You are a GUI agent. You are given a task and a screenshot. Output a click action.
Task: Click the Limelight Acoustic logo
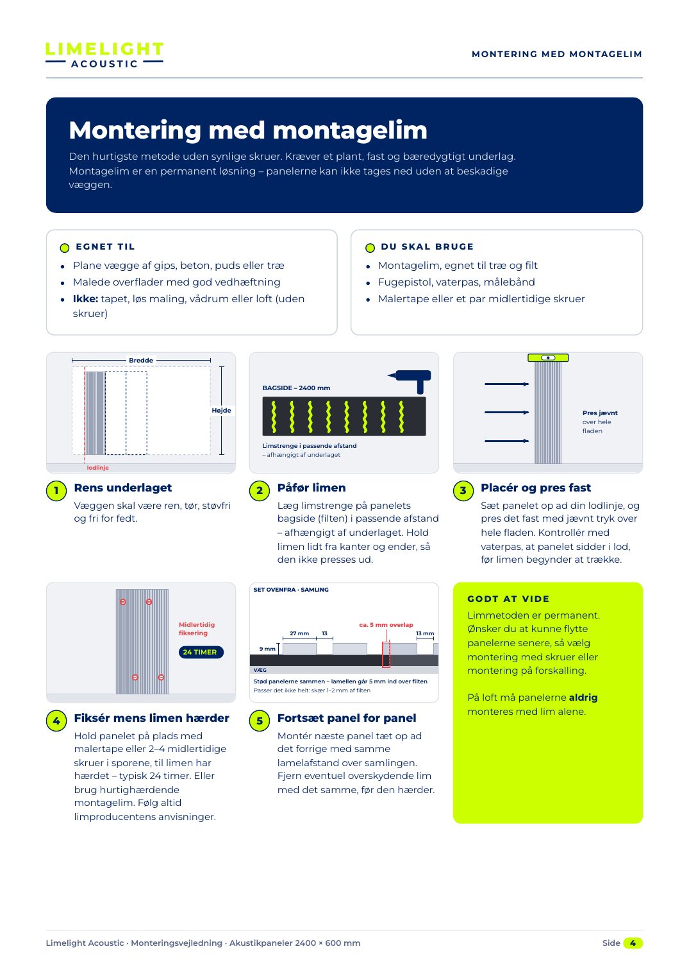[x=104, y=55]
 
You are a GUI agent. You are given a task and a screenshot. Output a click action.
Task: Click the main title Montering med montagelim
[x=248, y=130]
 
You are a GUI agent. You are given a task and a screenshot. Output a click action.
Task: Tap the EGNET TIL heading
[x=105, y=246]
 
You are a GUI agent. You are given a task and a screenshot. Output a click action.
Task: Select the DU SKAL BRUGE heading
[x=427, y=246]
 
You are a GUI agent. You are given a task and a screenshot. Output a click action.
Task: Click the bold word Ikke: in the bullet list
[x=85, y=299]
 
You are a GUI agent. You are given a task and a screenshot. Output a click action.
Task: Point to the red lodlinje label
[x=97, y=468]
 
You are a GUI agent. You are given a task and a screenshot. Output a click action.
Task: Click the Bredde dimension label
[x=140, y=361]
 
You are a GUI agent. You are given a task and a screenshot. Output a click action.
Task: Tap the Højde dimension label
[x=221, y=411]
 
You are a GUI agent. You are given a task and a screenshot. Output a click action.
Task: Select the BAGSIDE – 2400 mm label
[x=296, y=388]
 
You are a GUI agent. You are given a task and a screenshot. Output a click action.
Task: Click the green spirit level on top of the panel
[x=548, y=357]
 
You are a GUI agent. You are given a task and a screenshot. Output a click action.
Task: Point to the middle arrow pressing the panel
[x=506, y=412]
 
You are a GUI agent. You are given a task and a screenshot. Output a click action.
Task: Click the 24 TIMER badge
[x=201, y=652]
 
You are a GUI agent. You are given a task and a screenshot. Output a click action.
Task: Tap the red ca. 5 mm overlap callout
[x=386, y=625]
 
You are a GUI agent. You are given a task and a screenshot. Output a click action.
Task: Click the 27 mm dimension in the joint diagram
[x=299, y=633]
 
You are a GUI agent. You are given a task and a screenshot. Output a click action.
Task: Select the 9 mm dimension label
[x=267, y=649]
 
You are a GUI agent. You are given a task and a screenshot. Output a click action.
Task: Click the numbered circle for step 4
[x=56, y=721]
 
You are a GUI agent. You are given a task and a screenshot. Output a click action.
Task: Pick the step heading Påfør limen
[x=311, y=488]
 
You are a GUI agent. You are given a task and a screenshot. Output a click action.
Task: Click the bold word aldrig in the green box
[x=583, y=698]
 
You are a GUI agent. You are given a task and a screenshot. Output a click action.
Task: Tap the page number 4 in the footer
[x=633, y=943]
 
